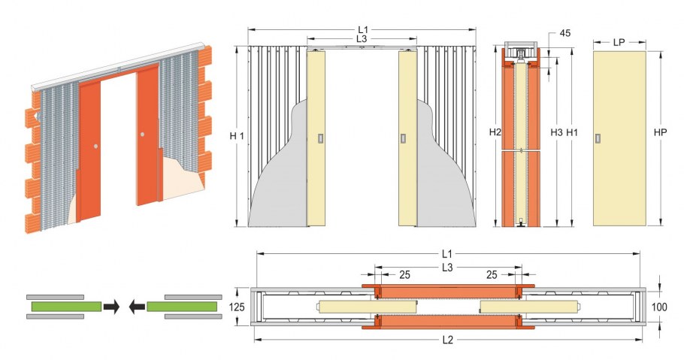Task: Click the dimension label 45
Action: [x=565, y=33]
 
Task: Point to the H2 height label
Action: [x=495, y=132]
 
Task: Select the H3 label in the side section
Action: [x=556, y=133]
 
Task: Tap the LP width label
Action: [x=619, y=42]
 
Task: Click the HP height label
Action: [x=661, y=132]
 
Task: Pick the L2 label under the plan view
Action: [x=448, y=340]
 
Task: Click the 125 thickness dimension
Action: [x=237, y=307]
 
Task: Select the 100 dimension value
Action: [x=659, y=307]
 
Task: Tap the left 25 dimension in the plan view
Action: [x=405, y=275]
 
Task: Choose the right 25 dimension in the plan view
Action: [x=492, y=275]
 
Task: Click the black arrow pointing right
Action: [x=111, y=307]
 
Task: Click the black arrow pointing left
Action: [x=137, y=307]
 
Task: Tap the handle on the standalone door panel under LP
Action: [x=598, y=139]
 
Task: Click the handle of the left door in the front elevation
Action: [x=321, y=138]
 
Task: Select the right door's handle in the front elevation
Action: [x=403, y=138]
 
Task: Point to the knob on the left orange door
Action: [x=96, y=147]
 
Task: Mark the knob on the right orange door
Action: [x=142, y=135]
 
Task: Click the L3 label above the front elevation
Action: [x=362, y=39]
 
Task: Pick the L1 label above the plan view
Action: [x=447, y=253]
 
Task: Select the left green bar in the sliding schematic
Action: [x=66, y=307]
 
